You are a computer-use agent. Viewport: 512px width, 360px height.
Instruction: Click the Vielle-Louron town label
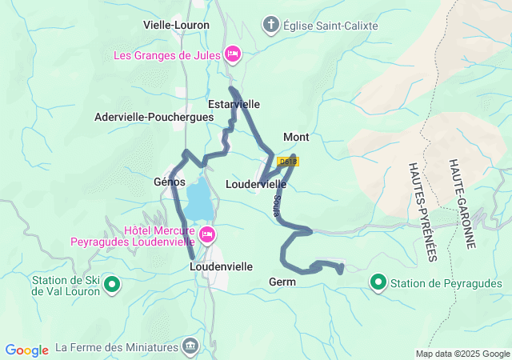tap(176, 25)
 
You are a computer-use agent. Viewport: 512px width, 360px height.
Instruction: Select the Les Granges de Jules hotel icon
tap(233, 54)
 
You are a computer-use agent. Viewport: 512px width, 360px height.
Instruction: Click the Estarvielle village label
tap(234, 104)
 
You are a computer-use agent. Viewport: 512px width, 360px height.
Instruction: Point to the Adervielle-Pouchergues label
tap(154, 117)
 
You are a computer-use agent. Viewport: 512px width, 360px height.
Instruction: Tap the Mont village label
tap(296, 137)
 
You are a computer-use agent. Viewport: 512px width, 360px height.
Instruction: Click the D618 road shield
tap(287, 162)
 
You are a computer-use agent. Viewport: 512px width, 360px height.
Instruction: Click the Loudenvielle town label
tap(222, 266)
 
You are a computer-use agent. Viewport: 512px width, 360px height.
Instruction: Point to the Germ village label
tap(282, 282)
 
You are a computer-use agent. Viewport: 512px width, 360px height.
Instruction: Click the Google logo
tap(26, 350)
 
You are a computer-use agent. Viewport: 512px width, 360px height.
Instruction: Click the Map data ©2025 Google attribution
tap(462, 354)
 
